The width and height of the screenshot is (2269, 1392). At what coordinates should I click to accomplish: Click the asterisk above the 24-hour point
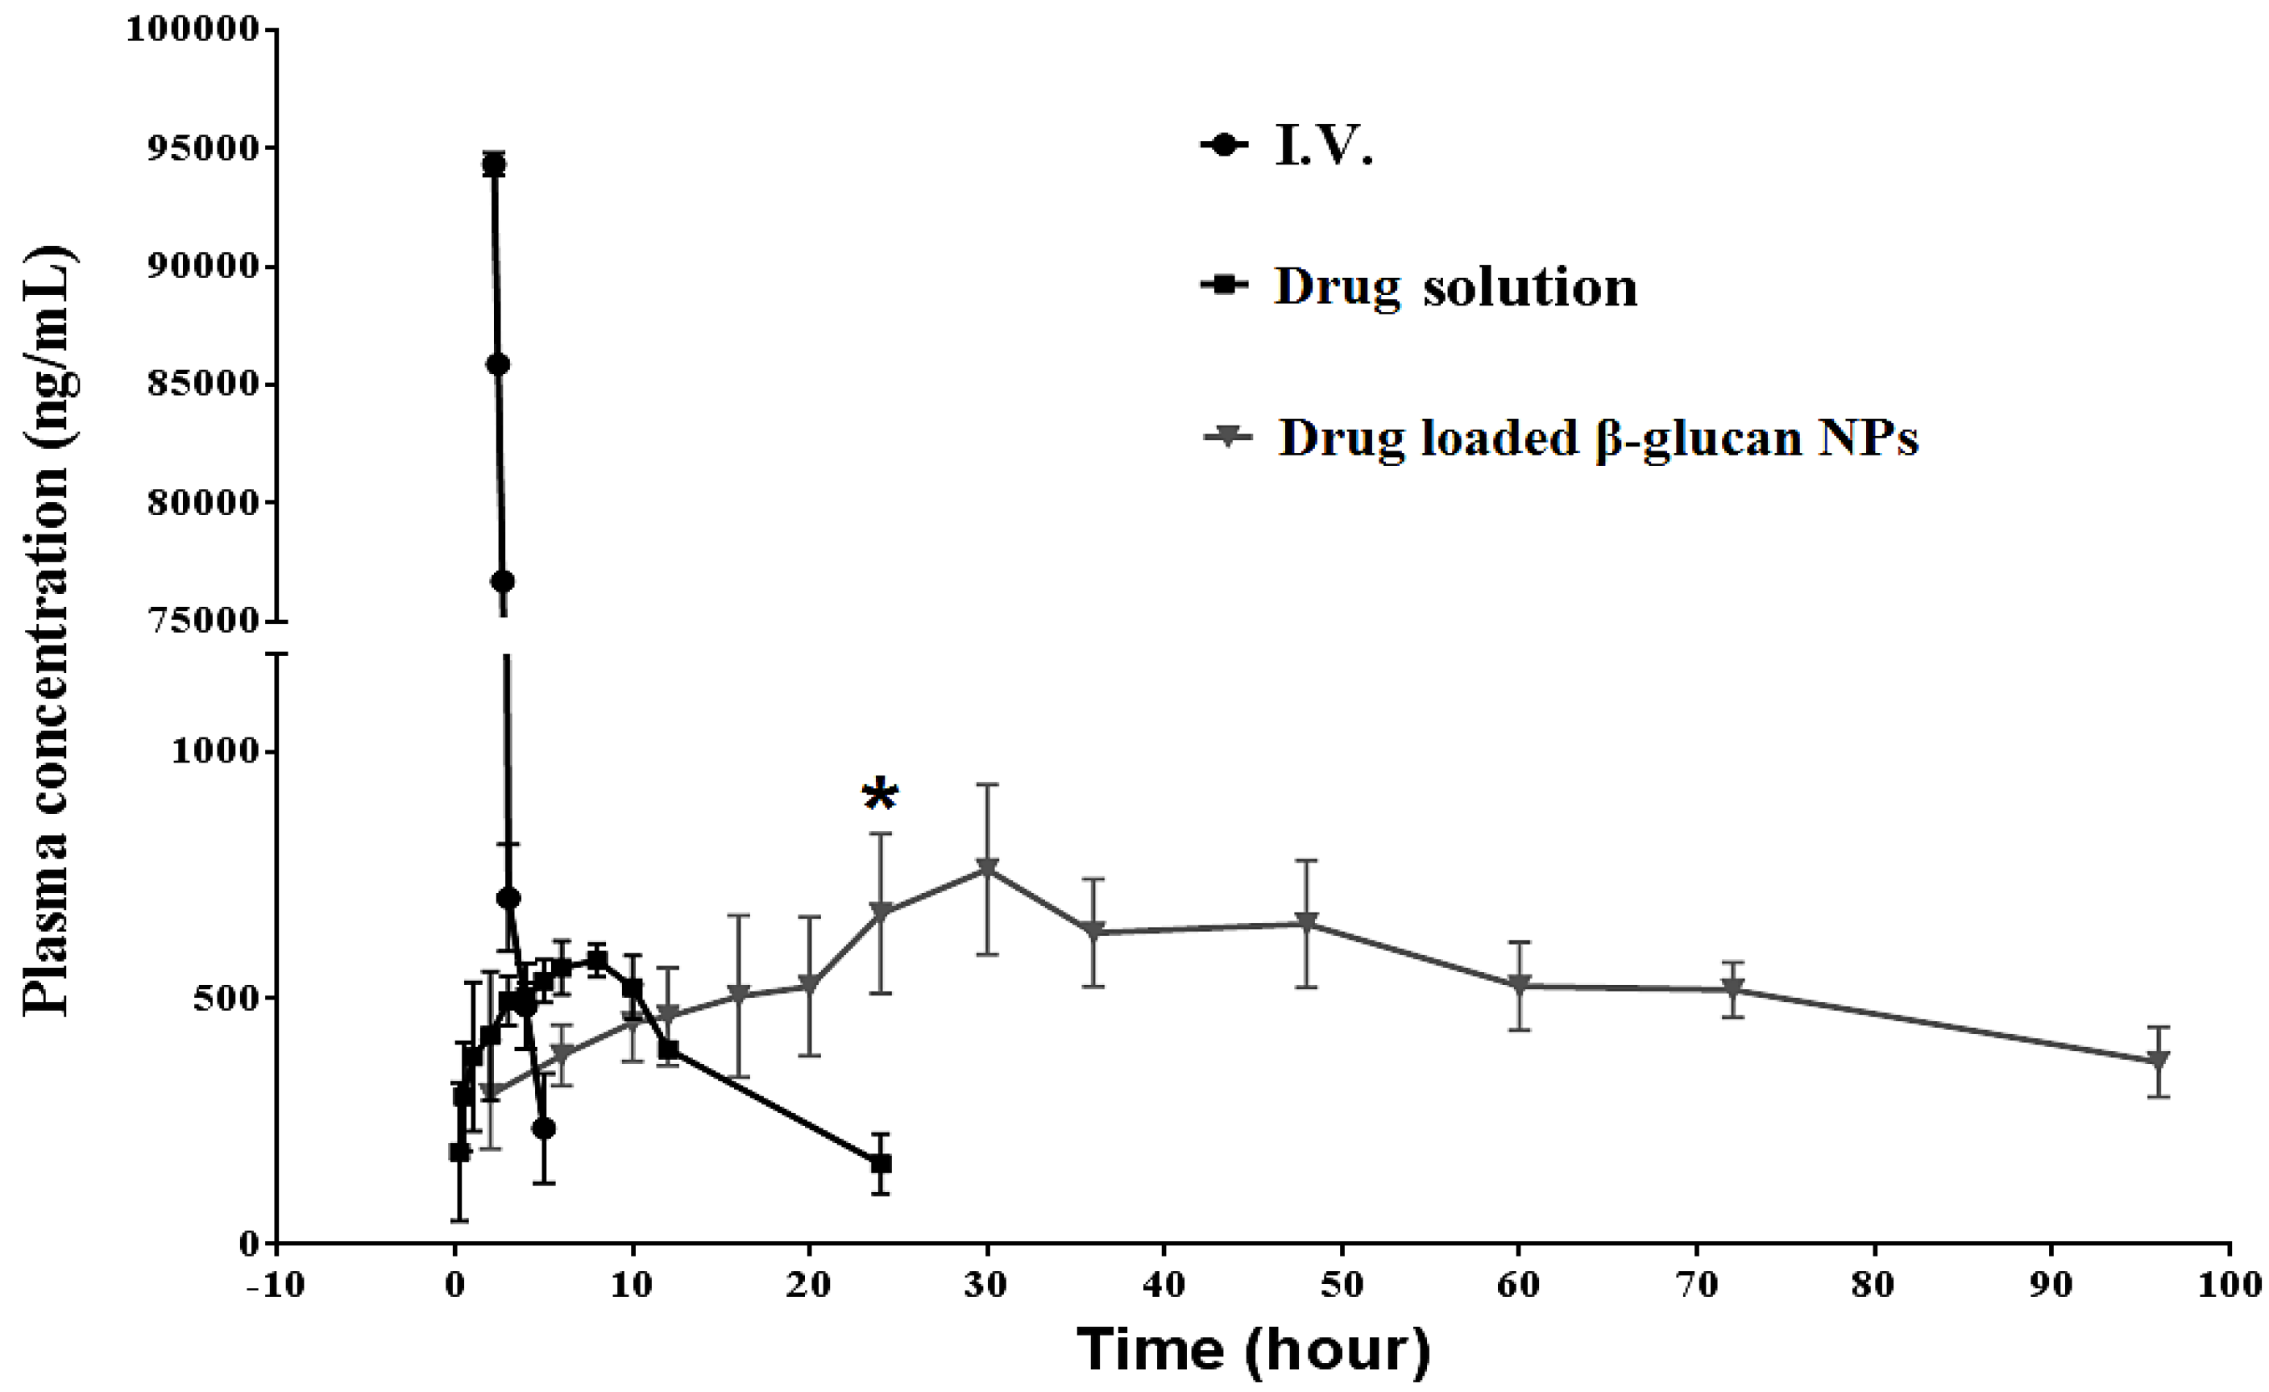pyautogui.click(x=879, y=795)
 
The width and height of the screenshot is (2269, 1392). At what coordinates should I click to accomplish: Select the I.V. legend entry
pyautogui.click(x=1322, y=148)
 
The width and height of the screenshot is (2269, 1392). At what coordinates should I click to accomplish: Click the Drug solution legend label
pyautogui.click(x=1455, y=288)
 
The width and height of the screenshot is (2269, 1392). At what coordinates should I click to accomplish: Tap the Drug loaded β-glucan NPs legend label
pyautogui.click(x=1598, y=438)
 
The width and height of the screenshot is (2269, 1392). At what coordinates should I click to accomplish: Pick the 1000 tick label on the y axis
pyautogui.click(x=217, y=752)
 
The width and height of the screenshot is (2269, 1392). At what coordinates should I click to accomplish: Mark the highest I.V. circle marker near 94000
pyautogui.click(x=494, y=165)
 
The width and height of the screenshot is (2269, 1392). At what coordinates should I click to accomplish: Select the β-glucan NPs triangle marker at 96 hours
pyautogui.click(x=2159, y=1061)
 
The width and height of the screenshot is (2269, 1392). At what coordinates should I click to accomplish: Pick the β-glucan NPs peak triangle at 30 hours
pyautogui.click(x=987, y=869)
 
